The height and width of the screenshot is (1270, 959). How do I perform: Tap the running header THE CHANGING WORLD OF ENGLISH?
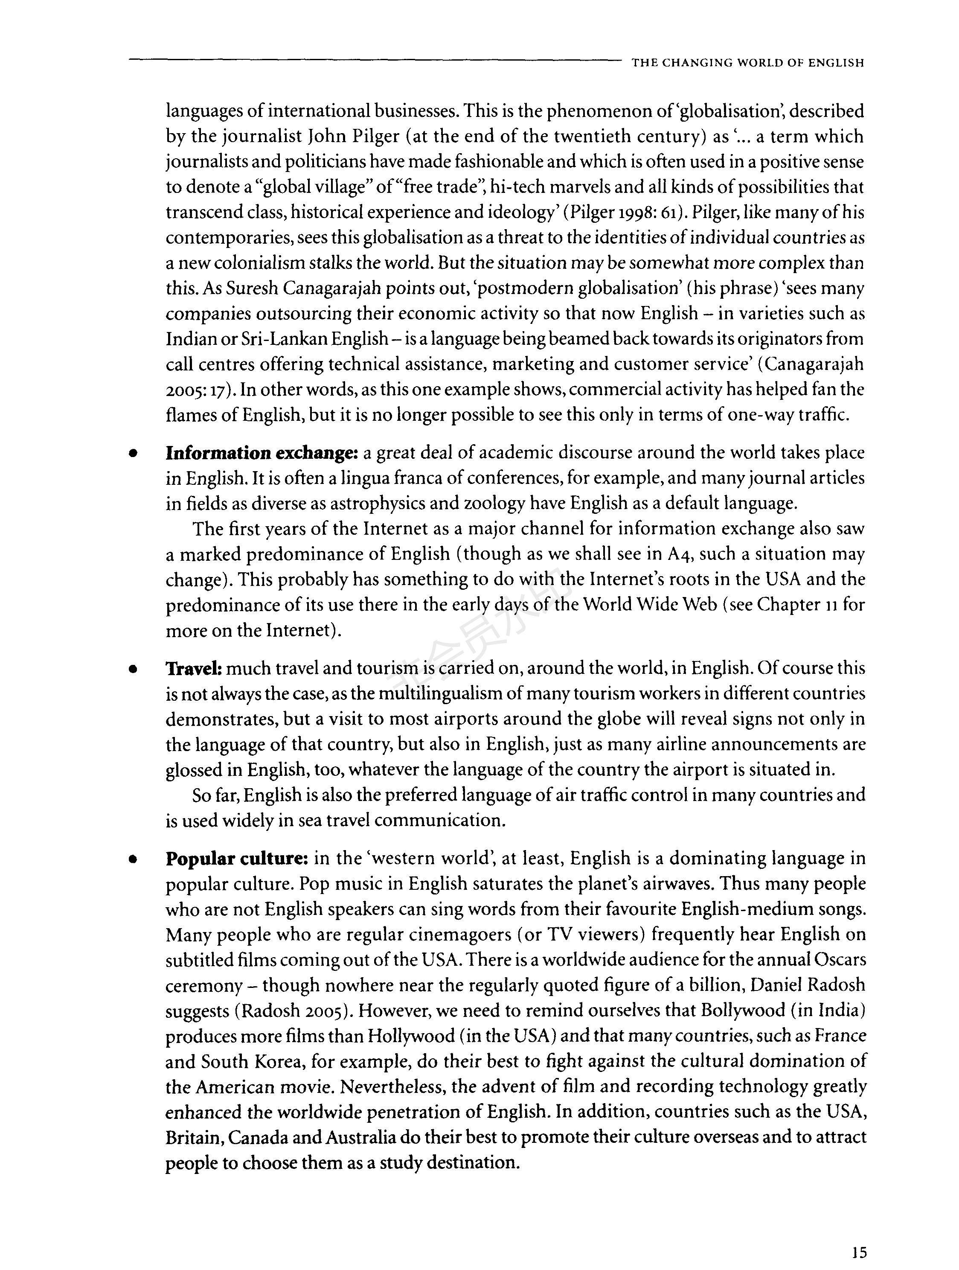(x=747, y=63)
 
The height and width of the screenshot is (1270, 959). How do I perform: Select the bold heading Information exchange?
(x=262, y=454)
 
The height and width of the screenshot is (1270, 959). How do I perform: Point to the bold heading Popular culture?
(x=238, y=859)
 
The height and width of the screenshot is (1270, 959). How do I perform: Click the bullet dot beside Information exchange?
(x=133, y=454)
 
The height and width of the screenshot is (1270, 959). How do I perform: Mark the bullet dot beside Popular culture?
(x=133, y=859)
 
